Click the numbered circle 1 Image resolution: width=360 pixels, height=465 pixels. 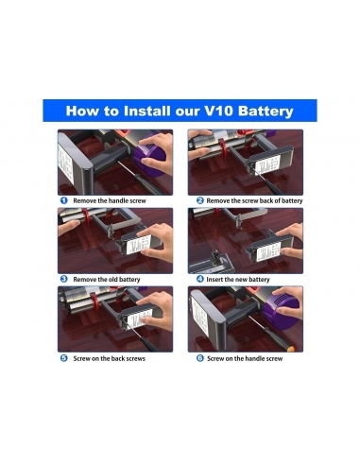point(64,200)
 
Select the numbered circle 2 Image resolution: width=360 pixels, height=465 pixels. point(200,200)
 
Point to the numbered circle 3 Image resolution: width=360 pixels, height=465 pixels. point(64,279)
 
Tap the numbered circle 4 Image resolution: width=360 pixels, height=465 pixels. point(200,279)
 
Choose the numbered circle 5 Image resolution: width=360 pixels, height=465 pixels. point(64,358)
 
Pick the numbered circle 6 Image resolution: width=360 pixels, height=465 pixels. point(200,358)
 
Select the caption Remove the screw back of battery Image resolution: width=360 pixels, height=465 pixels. point(255,200)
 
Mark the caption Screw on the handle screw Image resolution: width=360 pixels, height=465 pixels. point(245,358)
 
